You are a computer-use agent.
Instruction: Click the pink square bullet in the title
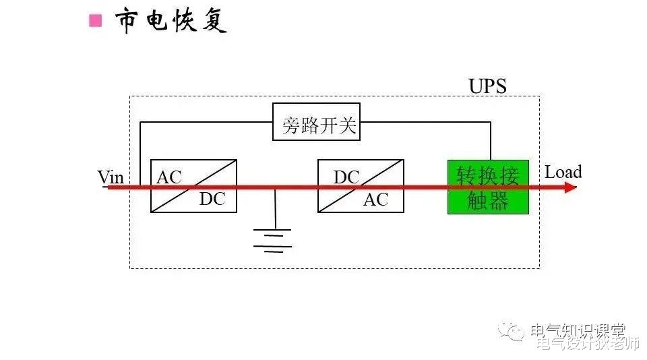pos(96,20)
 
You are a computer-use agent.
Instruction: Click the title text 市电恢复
pos(171,20)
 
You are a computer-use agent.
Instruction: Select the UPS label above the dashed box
pos(487,86)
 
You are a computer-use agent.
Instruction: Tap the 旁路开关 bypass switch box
pos(316,122)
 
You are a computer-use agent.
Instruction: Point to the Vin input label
pos(111,177)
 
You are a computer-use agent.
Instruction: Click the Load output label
pos(563,172)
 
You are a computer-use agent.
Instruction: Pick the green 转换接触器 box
pos(488,187)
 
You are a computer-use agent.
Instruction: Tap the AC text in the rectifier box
pos(169,177)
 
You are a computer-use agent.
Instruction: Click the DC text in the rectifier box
pos(212,200)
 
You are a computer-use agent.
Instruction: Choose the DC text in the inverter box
pos(346,177)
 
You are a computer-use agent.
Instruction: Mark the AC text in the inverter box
pos(376,200)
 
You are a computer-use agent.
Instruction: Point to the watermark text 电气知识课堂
pos(578,330)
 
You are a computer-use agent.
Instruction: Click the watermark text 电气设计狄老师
pos(587,344)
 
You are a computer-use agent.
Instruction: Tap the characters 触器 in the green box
pos(488,201)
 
